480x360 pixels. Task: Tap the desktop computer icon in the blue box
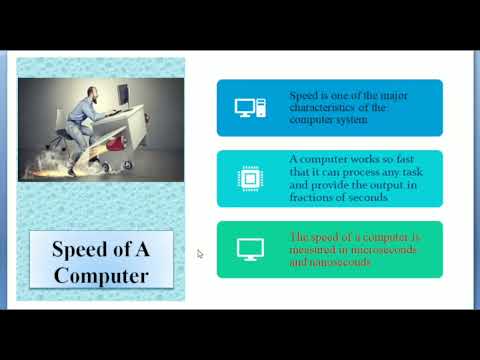247,106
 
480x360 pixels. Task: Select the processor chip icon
247,178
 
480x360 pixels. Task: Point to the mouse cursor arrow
200,254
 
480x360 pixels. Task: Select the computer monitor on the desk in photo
123,94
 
